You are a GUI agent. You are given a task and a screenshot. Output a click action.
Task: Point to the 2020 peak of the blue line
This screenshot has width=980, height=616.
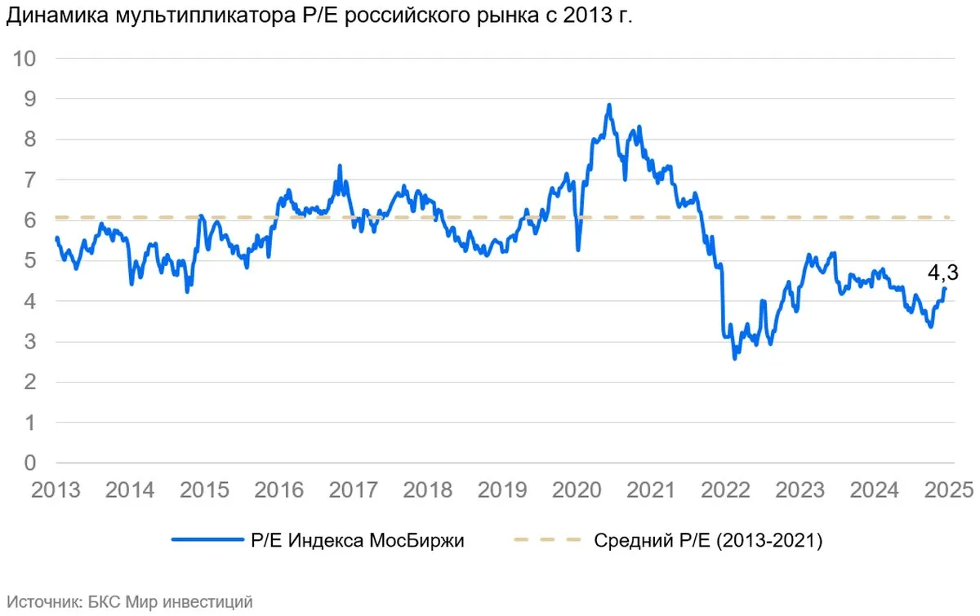[609, 105]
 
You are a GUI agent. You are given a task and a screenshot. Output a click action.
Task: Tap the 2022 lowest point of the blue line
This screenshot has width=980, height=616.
[735, 357]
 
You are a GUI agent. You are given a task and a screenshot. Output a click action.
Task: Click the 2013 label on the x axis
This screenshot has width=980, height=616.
[56, 490]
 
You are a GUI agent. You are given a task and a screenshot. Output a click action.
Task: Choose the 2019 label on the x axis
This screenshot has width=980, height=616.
[503, 490]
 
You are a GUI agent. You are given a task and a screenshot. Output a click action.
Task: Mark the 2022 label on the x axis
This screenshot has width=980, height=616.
[727, 490]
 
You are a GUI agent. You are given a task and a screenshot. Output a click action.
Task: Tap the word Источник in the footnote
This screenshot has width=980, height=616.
[42, 602]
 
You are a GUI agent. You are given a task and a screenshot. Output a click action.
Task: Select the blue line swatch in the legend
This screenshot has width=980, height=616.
[204, 540]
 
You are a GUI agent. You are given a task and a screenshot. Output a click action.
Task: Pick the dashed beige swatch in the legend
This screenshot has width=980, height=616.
[547, 540]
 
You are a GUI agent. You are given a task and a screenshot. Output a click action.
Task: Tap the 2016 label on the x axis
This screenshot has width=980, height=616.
[279, 490]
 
